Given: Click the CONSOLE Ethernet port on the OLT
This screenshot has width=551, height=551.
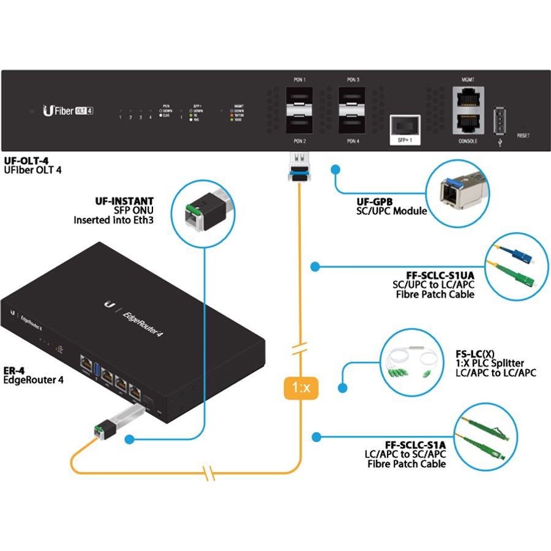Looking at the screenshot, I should (467, 122).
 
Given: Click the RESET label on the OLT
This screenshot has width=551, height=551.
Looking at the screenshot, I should (523, 135).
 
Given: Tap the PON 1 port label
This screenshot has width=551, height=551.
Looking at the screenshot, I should (300, 80).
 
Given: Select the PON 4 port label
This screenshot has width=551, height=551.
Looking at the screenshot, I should (353, 141).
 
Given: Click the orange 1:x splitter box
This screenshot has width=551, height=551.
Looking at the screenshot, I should (299, 388).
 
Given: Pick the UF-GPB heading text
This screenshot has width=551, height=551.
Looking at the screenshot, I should (374, 201).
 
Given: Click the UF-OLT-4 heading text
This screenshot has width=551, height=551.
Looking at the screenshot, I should (26, 160).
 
